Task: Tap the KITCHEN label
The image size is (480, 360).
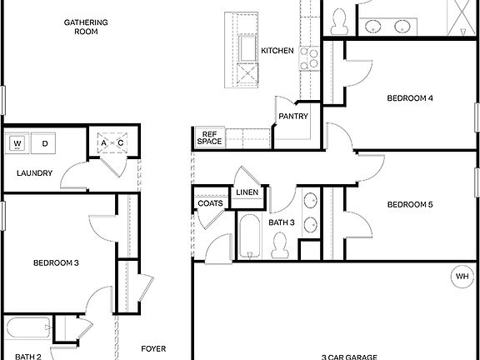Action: point(277,51)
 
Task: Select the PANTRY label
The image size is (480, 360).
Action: point(293,116)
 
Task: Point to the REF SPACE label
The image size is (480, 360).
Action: point(209,137)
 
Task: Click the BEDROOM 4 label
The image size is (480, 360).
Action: point(410,98)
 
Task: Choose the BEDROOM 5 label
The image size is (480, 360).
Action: point(410,204)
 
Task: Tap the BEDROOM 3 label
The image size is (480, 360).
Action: point(56,263)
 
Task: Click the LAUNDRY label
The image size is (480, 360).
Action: point(35,173)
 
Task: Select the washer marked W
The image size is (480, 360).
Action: point(17,144)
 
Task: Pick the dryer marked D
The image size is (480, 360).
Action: point(44,144)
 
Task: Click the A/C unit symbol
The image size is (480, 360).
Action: point(112,142)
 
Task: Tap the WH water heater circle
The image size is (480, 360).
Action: point(462,277)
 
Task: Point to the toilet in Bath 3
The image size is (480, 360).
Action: point(280,245)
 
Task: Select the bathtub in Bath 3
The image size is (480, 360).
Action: point(248,237)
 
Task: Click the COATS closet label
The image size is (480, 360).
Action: point(208,203)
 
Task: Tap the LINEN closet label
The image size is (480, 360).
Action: point(247,192)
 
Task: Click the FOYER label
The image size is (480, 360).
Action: point(153,349)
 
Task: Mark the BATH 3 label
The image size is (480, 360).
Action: point(281,222)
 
